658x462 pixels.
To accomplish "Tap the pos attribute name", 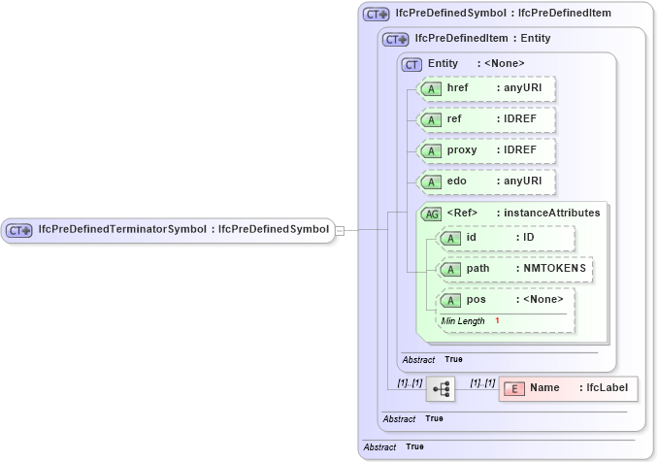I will [x=476, y=299].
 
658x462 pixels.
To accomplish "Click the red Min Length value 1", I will [x=497, y=320].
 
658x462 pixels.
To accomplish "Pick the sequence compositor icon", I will [x=441, y=389].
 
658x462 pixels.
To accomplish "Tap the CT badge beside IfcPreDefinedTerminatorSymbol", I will [x=19, y=230].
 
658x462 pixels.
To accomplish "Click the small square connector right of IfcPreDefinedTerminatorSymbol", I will [x=340, y=230].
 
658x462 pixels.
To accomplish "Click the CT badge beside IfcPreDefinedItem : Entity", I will [x=395, y=40].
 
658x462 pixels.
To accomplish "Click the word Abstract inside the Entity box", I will [x=419, y=359].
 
